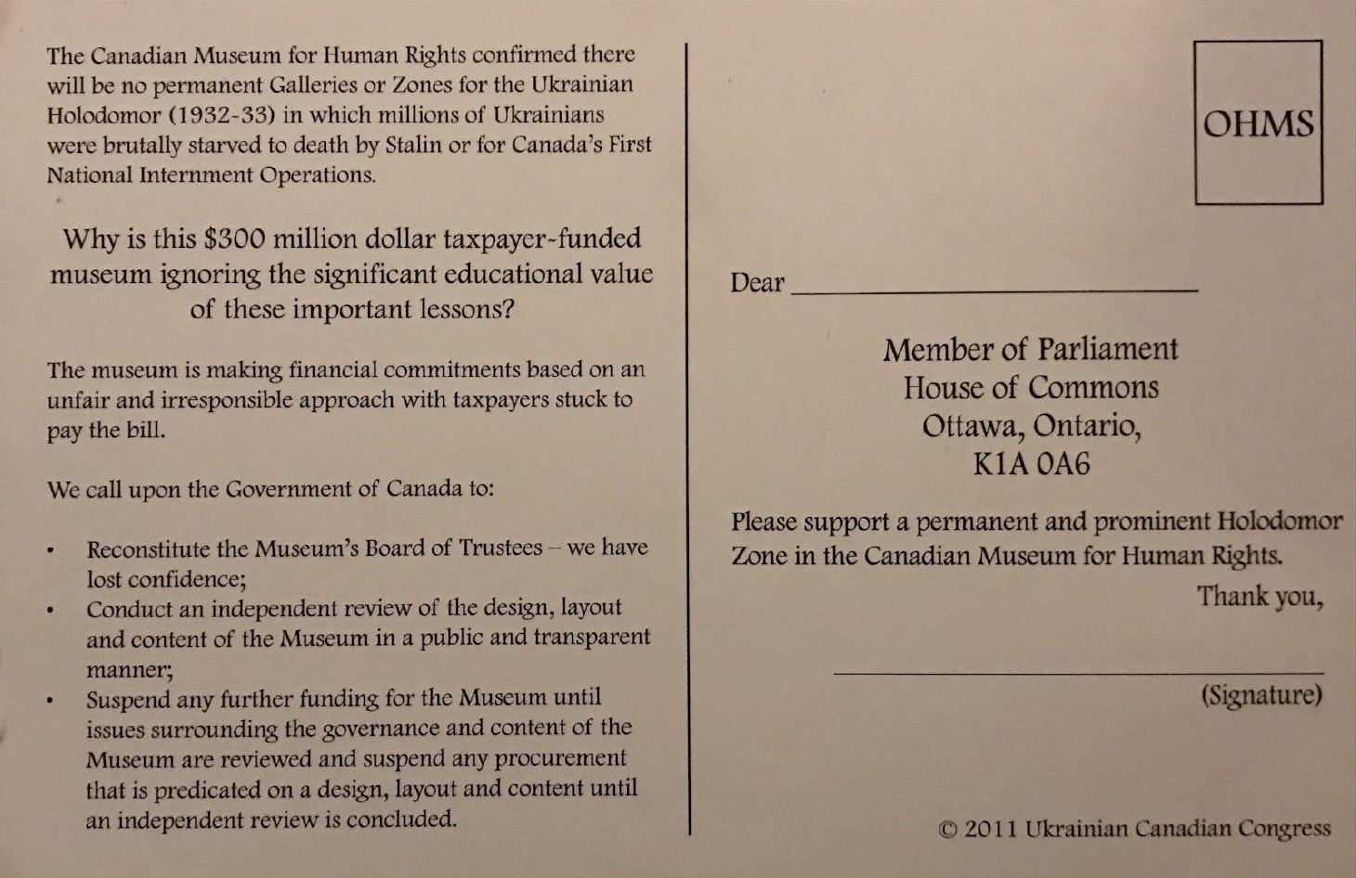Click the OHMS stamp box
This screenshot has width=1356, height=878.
click(x=1258, y=123)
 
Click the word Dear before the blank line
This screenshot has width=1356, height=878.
click(x=757, y=282)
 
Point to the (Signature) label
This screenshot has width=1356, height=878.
click(x=1260, y=695)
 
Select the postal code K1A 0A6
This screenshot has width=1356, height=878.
click(x=1031, y=464)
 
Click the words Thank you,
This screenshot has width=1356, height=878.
click(x=1258, y=596)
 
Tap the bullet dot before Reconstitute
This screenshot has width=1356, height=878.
click(x=53, y=550)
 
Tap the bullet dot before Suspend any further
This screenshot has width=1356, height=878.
click(x=53, y=701)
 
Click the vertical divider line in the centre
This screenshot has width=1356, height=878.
click(x=687, y=436)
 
